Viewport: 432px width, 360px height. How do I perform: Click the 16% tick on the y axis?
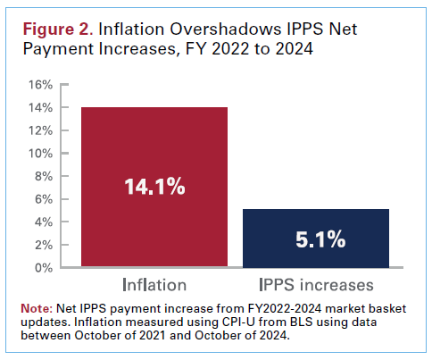coord(42,85)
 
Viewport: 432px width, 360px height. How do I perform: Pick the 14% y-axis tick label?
coord(42,107)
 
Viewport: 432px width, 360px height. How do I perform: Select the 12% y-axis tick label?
coord(42,130)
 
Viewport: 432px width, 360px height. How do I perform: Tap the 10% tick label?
coord(42,153)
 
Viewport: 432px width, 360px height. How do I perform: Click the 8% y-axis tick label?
coord(45,176)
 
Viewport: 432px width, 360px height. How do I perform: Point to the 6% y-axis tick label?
coord(45,198)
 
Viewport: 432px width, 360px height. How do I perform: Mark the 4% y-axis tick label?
coord(45,222)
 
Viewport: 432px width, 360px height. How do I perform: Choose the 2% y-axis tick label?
coord(45,244)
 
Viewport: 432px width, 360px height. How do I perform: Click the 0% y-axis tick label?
coord(45,267)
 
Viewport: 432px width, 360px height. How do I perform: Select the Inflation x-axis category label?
coord(155,285)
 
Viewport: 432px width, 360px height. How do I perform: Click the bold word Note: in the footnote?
coord(38,309)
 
